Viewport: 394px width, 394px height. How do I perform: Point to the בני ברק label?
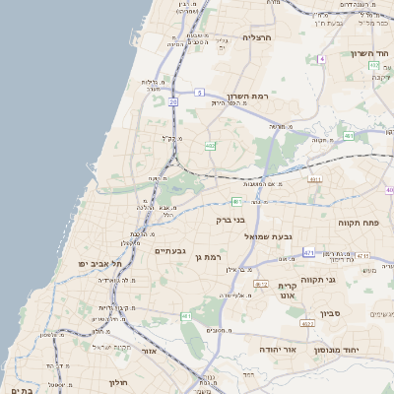pyautogui.click(x=230, y=220)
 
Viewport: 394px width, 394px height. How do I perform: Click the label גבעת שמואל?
pyautogui.click(x=271, y=236)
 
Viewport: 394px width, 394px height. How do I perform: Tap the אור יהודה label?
pyautogui.click(x=258, y=349)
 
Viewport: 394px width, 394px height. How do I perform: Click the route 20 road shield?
pyautogui.click(x=173, y=101)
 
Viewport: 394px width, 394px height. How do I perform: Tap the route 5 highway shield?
pyautogui.click(x=199, y=92)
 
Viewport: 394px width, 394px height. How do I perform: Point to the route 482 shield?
pyautogui.click(x=210, y=146)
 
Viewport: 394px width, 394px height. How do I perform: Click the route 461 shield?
pyautogui.click(x=185, y=315)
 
